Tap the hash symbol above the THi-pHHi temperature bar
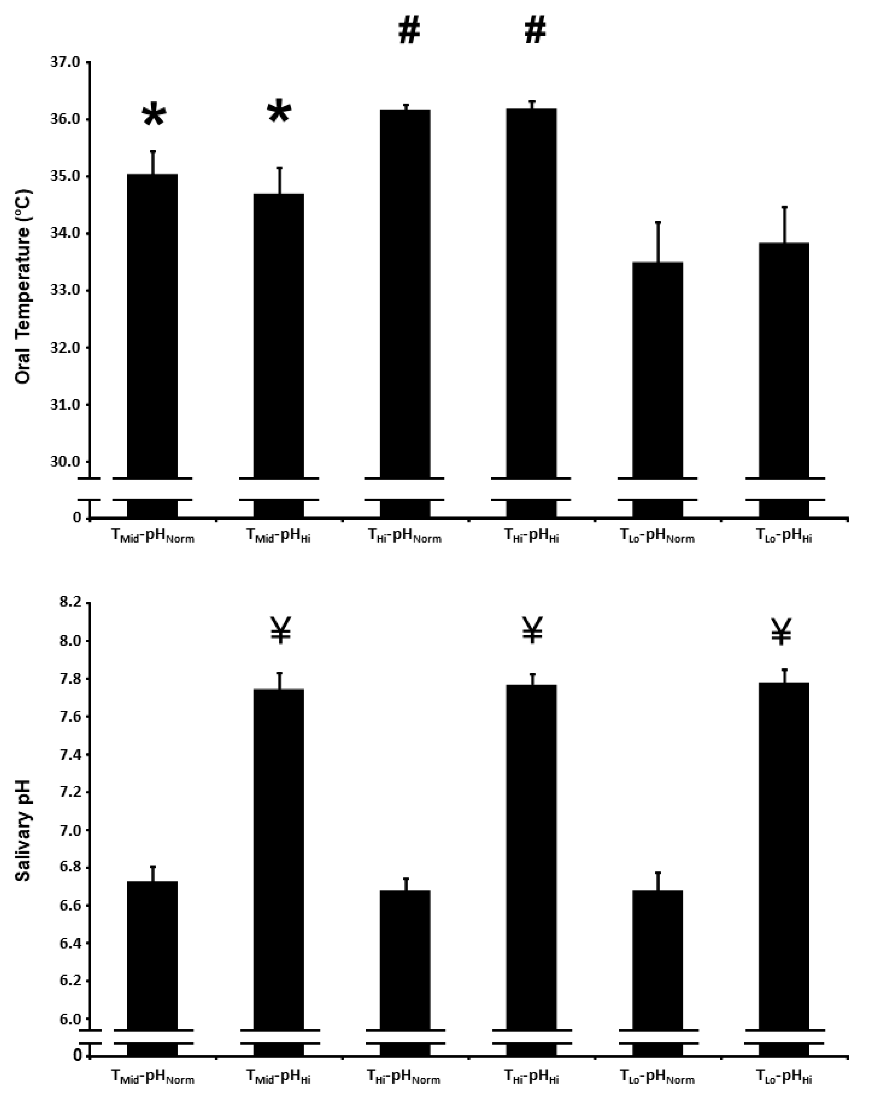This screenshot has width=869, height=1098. (x=535, y=32)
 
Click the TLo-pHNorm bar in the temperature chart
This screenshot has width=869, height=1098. (x=657, y=372)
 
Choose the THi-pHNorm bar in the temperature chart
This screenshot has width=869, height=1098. (x=405, y=295)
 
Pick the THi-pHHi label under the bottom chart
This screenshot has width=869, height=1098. (x=531, y=1077)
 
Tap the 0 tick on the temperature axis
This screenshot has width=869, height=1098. (x=77, y=518)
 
